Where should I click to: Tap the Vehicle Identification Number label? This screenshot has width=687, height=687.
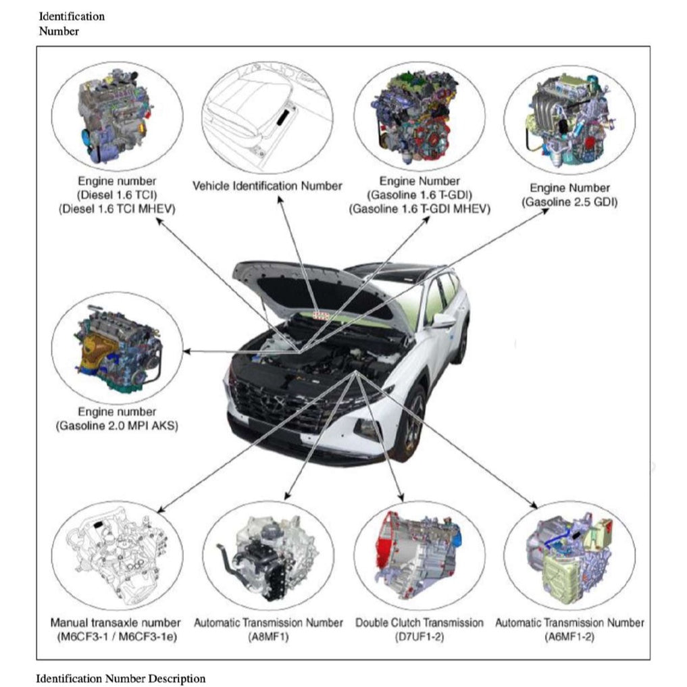(x=268, y=186)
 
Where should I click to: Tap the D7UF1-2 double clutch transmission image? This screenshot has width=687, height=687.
(x=419, y=557)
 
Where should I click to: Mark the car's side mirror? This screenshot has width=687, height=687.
(x=442, y=321)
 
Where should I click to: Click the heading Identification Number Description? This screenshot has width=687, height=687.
(x=121, y=678)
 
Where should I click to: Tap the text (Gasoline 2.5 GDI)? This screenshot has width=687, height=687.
(x=569, y=201)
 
